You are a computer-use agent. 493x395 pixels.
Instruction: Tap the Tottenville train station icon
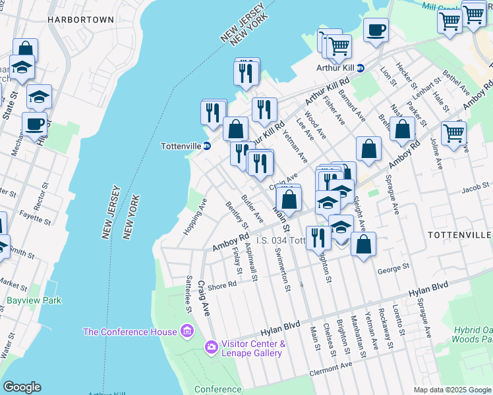pos(207,146)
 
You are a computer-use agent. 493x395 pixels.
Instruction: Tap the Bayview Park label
pos(34,300)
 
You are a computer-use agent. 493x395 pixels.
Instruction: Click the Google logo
pos(22,387)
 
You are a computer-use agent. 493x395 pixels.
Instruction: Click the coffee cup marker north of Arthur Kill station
pos(375,30)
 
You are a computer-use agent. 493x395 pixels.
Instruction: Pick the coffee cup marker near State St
pos(34,123)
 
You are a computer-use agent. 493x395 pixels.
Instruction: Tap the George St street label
pos(393,269)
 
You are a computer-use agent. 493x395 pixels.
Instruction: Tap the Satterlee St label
pos(188,294)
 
